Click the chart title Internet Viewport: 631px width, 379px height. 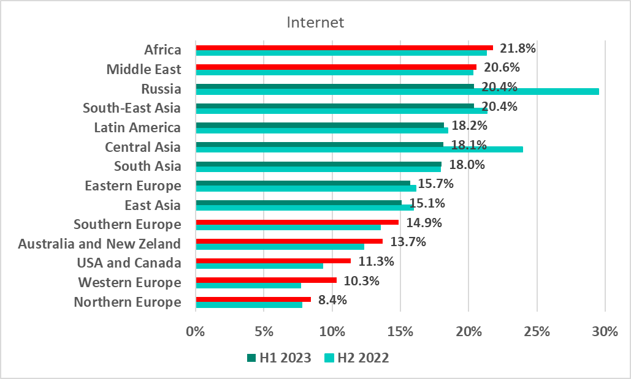(316, 23)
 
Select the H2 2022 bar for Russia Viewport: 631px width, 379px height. (397, 92)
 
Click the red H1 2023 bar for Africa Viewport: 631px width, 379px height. (344, 47)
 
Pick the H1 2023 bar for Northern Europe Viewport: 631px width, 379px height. (253, 299)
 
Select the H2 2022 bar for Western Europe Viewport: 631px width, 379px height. (248, 285)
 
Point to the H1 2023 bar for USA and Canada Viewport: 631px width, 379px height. (273, 261)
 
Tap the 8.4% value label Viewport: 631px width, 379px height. (333, 300)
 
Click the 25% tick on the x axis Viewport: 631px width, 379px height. (537, 332)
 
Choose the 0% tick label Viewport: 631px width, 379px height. (196, 332)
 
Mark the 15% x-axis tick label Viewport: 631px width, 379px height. (400, 332)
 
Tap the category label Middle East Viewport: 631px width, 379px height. (143, 69)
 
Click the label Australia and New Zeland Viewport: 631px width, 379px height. (99, 244)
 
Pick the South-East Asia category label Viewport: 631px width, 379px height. (132, 108)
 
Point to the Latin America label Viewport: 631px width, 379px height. (137, 127)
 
